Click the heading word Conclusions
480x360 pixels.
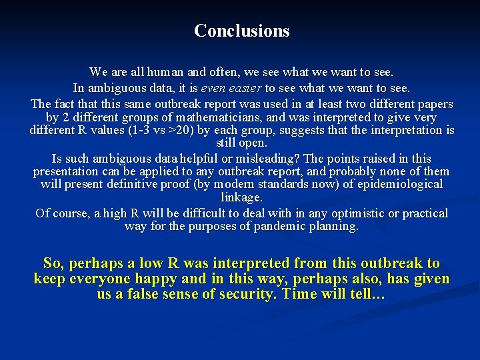tap(241, 31)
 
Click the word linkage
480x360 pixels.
tap(241, 197)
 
